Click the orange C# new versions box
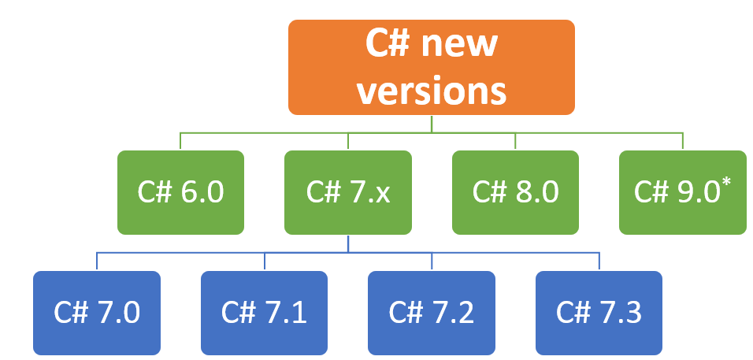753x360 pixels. [431, 67]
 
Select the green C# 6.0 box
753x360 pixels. [180, 192]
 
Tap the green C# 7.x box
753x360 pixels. [347, 192]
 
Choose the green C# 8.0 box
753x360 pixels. [515, 192]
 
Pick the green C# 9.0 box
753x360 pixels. [682, 192]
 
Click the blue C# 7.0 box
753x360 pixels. [97, 313]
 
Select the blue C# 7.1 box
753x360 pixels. [264, 313]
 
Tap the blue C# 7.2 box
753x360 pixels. [432, 313]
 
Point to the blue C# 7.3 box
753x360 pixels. [599, 313]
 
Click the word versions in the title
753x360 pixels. [431, 90]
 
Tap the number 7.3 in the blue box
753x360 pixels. [619, 314]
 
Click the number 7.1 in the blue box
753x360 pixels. [284, 314]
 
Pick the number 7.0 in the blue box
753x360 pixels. [117, 314]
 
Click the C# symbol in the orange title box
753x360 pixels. [387, 43]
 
